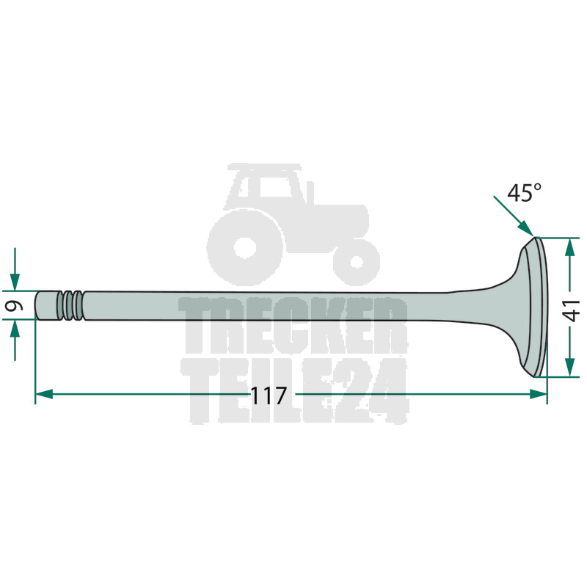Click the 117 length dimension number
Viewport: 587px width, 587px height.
[268, 396]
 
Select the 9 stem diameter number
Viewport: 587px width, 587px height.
[15, 305]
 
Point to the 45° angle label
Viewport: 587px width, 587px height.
[524, 193]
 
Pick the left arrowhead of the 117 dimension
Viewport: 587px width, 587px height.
[44, 394]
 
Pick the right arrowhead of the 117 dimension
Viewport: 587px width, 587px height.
[539, 394]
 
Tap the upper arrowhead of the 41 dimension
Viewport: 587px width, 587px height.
[569, 247]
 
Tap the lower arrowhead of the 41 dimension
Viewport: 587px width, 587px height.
[569, 368]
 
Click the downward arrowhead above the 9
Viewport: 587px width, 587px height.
[15, 282]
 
